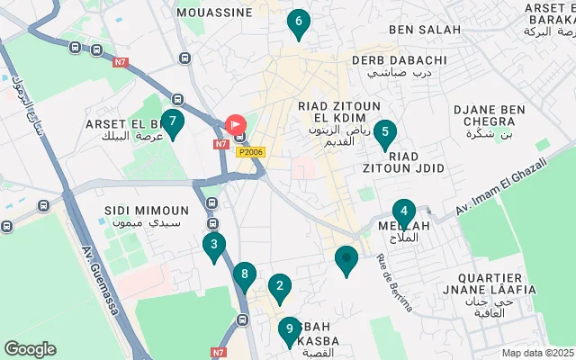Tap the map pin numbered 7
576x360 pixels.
pyautogui.click(x=172, y=122)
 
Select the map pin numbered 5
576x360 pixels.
pyautogui.click(x=384, y=135)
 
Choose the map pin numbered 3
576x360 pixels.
pyautogui.click(x=213, y=246)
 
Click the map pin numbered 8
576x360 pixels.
pyautogui.click(x=244, y=276)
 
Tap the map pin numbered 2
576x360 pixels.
pyautogui.click(x=280, y=289)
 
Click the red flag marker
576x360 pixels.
pyautogui.click(x=237, y=124)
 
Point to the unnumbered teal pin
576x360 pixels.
pyautogui.click(x=346, y=260)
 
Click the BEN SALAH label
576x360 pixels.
pyautogui.click(x=425, y=30)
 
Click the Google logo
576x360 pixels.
pyautogui.click(x=30, y=348)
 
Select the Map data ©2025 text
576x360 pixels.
pyautogui.click(x=537, y=353)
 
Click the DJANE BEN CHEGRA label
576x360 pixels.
pyautogui.click(x=489, y=116)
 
